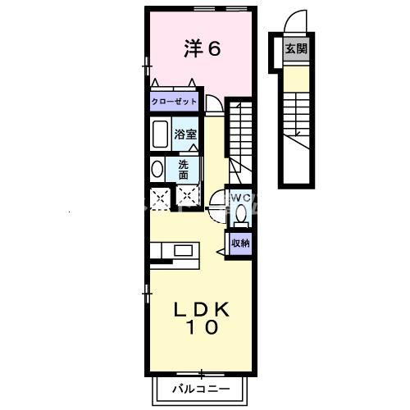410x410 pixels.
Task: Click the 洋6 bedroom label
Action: click(202, 49)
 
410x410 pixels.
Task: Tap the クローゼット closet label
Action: click(174, 102)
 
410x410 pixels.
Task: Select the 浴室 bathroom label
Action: click(183, 134)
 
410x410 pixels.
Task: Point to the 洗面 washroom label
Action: click(184, 168)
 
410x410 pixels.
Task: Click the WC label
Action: click(240, 198)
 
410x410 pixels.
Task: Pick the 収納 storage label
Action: click(239, 242)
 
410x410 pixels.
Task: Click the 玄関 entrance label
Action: click(296, 49)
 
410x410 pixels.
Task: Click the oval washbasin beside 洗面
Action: click(157, 169)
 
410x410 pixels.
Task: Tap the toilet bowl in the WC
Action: click(240, 216)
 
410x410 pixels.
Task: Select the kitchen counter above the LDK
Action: click(174, 250)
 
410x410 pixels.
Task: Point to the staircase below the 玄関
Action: click(296, 123)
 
